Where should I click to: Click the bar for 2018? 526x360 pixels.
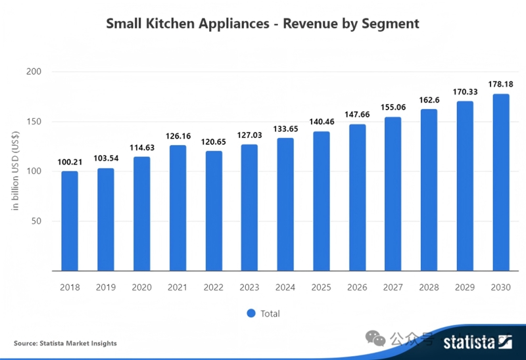coord(70,221)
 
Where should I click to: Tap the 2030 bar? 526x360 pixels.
coord(501,182)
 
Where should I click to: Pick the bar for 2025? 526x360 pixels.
coord(322,201)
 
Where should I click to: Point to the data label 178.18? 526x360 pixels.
coord(501,85)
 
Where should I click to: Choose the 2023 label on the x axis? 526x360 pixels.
coord(249,287)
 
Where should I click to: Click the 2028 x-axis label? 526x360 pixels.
coord(429,287)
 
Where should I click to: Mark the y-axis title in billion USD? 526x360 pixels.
coord(15,171)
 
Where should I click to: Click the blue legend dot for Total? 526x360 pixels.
coord(251,313)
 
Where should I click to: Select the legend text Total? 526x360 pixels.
coord(270,313)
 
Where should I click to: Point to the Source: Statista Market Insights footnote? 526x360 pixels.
coord(65,343)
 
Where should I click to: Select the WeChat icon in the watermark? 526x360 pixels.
coord(377,339)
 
